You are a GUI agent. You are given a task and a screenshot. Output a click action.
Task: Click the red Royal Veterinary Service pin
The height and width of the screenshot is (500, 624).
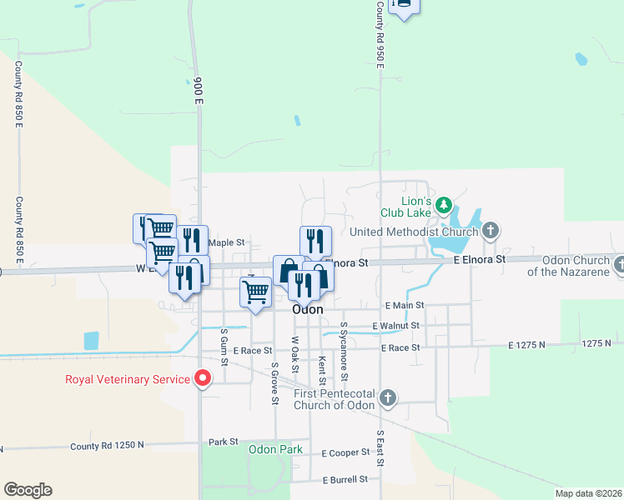tap(202, 379)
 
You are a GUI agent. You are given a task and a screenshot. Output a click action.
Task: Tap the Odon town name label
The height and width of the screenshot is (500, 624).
tap(307, 309)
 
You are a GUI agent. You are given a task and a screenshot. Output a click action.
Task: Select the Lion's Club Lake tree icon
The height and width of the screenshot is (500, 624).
tap(445, 205)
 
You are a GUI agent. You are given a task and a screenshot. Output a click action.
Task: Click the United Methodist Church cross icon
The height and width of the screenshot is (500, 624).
tap(491, 230)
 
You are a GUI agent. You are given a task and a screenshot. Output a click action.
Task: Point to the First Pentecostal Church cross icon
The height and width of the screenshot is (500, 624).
tap(387, 398)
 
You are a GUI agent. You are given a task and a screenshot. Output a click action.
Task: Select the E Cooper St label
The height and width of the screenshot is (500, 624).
tap(345, 452)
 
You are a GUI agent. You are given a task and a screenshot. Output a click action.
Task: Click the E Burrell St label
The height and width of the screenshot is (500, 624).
tap(345, 479)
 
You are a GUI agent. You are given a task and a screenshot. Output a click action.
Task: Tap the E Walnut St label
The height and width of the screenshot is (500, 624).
tap(395, 325)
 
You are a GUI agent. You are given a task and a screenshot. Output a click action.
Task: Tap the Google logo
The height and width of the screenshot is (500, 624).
tap(28, 490)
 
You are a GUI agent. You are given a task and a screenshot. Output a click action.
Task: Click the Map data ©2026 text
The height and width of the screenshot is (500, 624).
tap(587, 493)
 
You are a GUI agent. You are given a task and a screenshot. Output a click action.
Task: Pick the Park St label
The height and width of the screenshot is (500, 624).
tap(224, 441)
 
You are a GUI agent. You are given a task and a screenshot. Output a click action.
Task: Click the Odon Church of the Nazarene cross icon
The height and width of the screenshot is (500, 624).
tap(618, 265)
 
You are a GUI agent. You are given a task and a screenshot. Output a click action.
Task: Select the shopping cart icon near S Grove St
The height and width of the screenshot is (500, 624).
tap(254, 292)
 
